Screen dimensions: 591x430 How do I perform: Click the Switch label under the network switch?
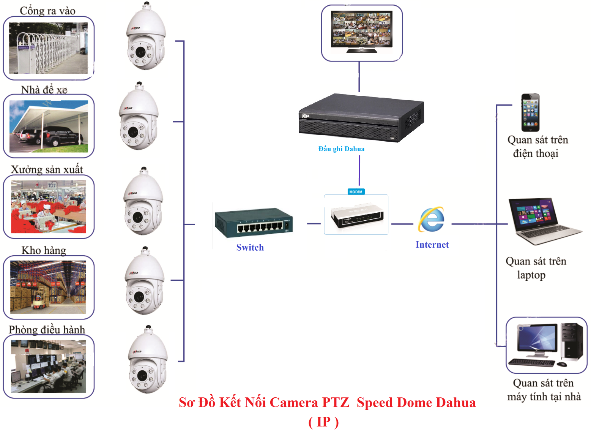coord(250,247)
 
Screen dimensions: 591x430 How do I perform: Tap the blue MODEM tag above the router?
coord(356,192)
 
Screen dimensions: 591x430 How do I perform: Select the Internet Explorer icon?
coord(432,220)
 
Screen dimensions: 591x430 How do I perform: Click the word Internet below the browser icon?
coord(432,245)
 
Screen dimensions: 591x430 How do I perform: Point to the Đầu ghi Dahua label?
coord(341,149)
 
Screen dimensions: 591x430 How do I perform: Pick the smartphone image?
coord(530,112)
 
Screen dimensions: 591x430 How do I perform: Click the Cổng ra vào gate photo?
coord(48,48)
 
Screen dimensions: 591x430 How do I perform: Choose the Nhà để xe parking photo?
coord(48,126)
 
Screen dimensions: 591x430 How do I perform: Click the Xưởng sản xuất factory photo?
coord(48,207)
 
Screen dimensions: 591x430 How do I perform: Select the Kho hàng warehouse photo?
coord(48,287)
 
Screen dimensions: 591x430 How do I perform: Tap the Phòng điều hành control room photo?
coord(48,366)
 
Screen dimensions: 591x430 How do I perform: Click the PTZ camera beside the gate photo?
coord(146,38)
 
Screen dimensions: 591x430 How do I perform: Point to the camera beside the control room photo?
coord(148,361)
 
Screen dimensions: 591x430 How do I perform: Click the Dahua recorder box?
coord(361,118)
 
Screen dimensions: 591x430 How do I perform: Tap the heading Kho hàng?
coord(44,250)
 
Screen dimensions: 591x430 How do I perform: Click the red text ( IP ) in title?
coord(323,422)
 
